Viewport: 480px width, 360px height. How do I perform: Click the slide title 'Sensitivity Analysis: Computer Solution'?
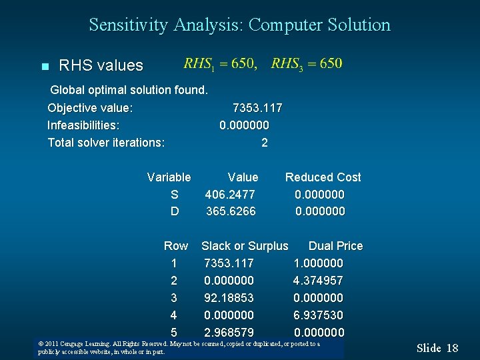(x=240, y=25)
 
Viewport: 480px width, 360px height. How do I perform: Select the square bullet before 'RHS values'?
(x=45, y=66)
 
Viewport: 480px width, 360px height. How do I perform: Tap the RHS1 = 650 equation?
(x=220, y=63)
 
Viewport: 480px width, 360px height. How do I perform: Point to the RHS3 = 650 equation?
(x=307, y=63)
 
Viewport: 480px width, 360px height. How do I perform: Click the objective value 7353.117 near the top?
(x=257, y=108)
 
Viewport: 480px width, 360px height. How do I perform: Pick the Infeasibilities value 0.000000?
(x=244, y=125)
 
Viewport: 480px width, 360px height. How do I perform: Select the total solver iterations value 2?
(x=265, y=143)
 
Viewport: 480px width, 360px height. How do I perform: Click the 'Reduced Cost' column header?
(x=323, y=177)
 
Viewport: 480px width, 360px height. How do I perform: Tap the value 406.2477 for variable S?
(x=230, y=195)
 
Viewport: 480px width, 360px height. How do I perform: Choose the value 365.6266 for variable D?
(x=231, y=211)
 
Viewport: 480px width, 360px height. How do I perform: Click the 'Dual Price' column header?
(x=335, y=246)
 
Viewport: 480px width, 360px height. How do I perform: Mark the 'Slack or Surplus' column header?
(x=245, y=246)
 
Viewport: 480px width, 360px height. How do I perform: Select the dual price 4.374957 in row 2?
(x=318, y=281)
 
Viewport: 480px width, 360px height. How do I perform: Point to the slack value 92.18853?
(x=229, y=298)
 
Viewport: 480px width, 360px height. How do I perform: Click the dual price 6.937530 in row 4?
(x=318, y=315)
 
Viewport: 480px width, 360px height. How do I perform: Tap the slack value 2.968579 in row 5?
(x=229, y=333)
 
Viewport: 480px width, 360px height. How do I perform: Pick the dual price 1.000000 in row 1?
(x=318, y=263)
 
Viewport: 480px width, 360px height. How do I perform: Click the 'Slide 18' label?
(x=437, y=348)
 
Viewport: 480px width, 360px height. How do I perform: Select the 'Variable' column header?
(x=169, y=177)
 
